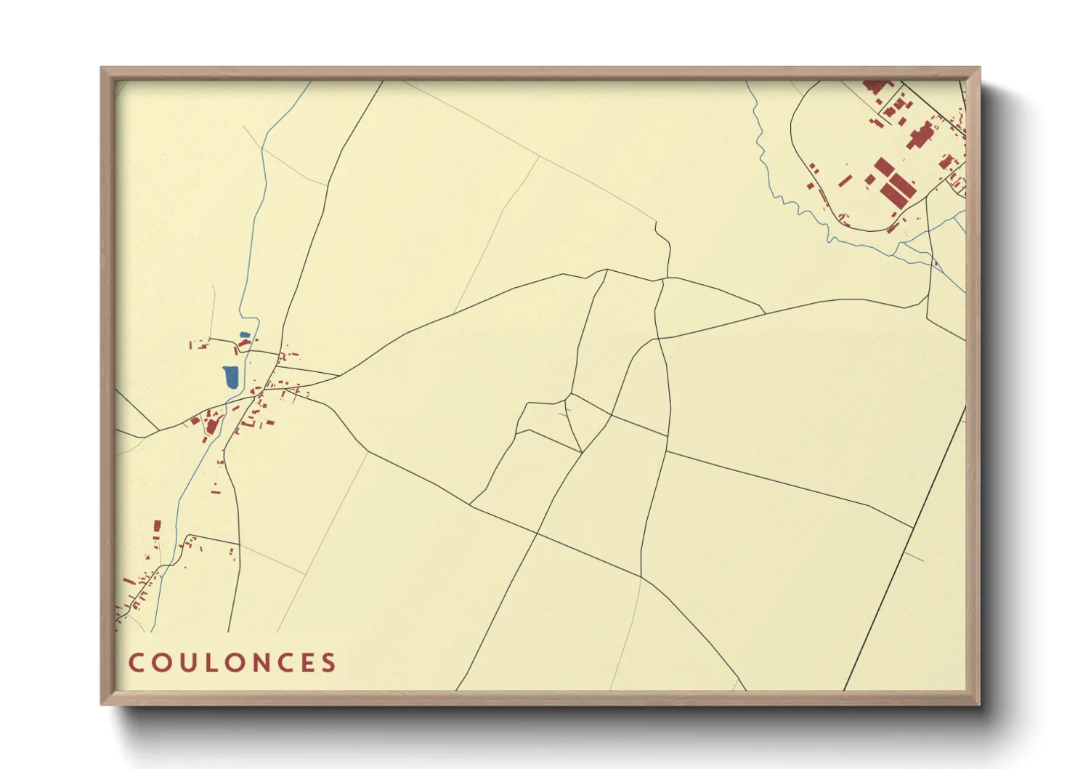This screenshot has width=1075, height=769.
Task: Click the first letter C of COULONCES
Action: click(x=136, y=663)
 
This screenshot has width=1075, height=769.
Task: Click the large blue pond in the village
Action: click(x=231, y=377)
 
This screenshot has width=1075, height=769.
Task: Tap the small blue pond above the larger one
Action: click(x=245, y=335)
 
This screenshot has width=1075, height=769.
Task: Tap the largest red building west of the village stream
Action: click(x=211, y=426)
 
